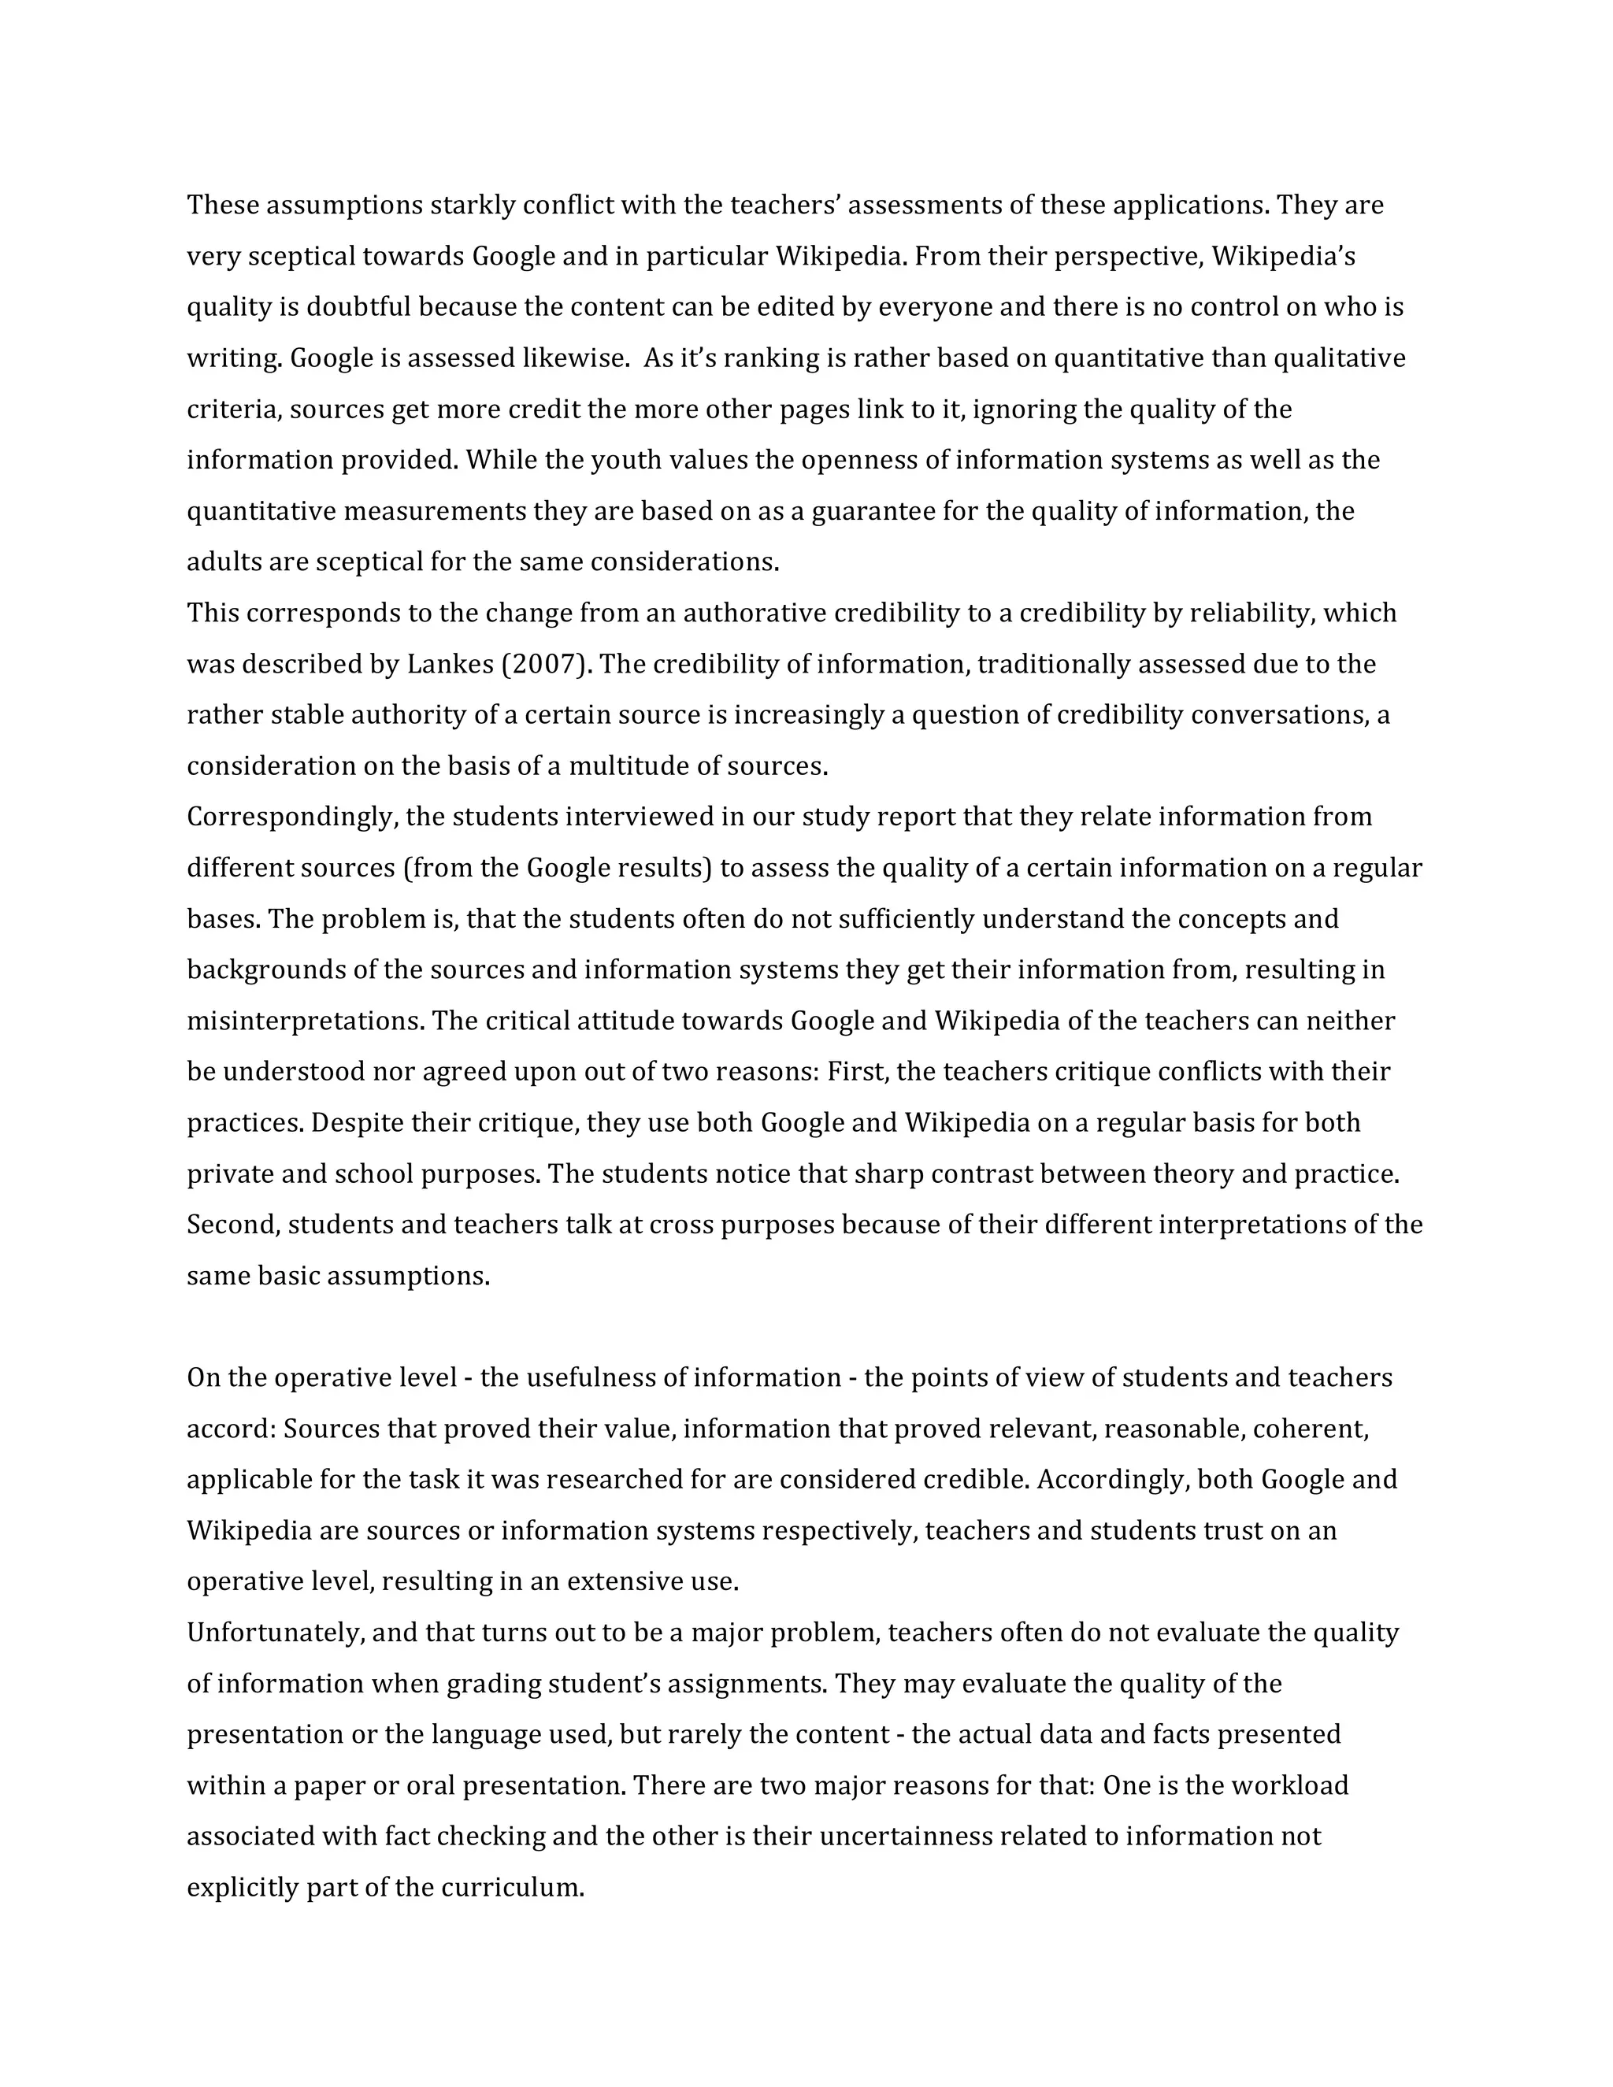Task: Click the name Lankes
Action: (449, 664)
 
